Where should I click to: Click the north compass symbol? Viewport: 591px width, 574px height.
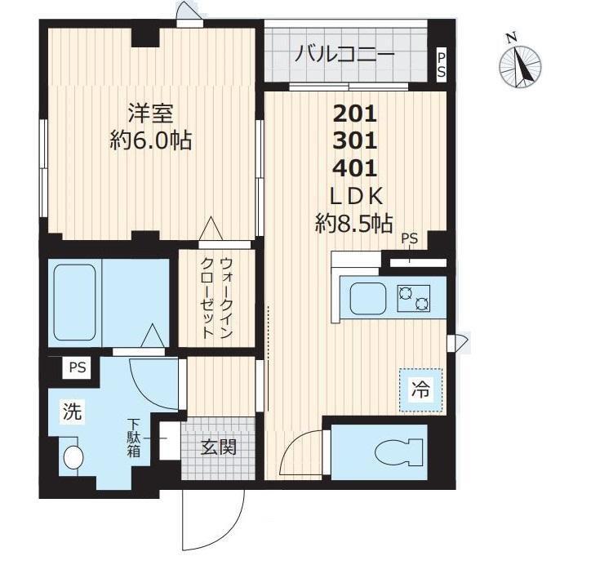coord(520,66)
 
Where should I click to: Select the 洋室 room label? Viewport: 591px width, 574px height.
coord(151,113)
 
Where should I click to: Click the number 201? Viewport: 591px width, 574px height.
coord(355,113)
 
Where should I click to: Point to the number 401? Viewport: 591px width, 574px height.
coord(355,168)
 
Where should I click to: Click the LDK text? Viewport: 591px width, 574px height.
coord(356,196)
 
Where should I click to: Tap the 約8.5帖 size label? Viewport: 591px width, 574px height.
coord(354,224)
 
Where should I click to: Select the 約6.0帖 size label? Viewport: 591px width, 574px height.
coord(151,140)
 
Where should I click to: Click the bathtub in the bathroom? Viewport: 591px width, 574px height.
coord(74,302)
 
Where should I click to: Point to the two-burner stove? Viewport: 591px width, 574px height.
coord(414,298)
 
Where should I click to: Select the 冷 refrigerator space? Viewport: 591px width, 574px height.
coord(420,390)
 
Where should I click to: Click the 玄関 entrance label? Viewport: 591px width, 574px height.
coord(218,447)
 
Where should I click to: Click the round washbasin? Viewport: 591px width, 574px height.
coord(73,457)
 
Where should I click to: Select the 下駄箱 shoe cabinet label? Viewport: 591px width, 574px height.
coord(133,438)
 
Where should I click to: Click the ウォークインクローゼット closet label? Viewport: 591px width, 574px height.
coord(216,298)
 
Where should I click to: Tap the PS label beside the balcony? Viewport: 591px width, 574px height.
coord(442,65)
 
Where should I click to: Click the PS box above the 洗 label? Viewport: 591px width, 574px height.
coord(78,367)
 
